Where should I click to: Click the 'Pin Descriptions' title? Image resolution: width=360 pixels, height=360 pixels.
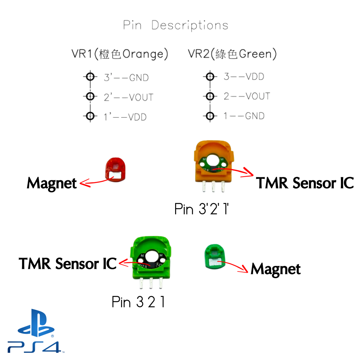click(x=175, y=25)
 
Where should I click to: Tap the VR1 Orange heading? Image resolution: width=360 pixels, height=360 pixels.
click(x=120, y=54)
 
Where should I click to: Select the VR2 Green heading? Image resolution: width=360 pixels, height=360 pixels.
click(x=232, y=54)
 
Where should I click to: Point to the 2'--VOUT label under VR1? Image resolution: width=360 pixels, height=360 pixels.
click(x=128, y=97)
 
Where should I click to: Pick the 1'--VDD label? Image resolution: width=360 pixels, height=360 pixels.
click(x=125, y=117)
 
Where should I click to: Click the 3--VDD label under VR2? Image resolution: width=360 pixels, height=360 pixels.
click(x=244, y=77)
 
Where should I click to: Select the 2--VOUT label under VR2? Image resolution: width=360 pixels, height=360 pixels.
click(x=247, y=96)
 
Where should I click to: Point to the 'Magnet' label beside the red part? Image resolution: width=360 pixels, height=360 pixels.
click(x=52, y=183)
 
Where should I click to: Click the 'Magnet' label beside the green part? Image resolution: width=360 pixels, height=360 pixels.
click(x=276, y=269)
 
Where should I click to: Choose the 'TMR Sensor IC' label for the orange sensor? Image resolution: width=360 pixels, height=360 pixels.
click(x=305, y=183)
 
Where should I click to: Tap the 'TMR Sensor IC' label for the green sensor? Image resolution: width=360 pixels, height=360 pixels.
click(x=68, y=264)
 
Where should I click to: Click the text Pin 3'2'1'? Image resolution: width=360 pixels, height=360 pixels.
click(x=202, y=209)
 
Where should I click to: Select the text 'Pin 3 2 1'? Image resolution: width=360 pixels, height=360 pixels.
click(x=138, y=302)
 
